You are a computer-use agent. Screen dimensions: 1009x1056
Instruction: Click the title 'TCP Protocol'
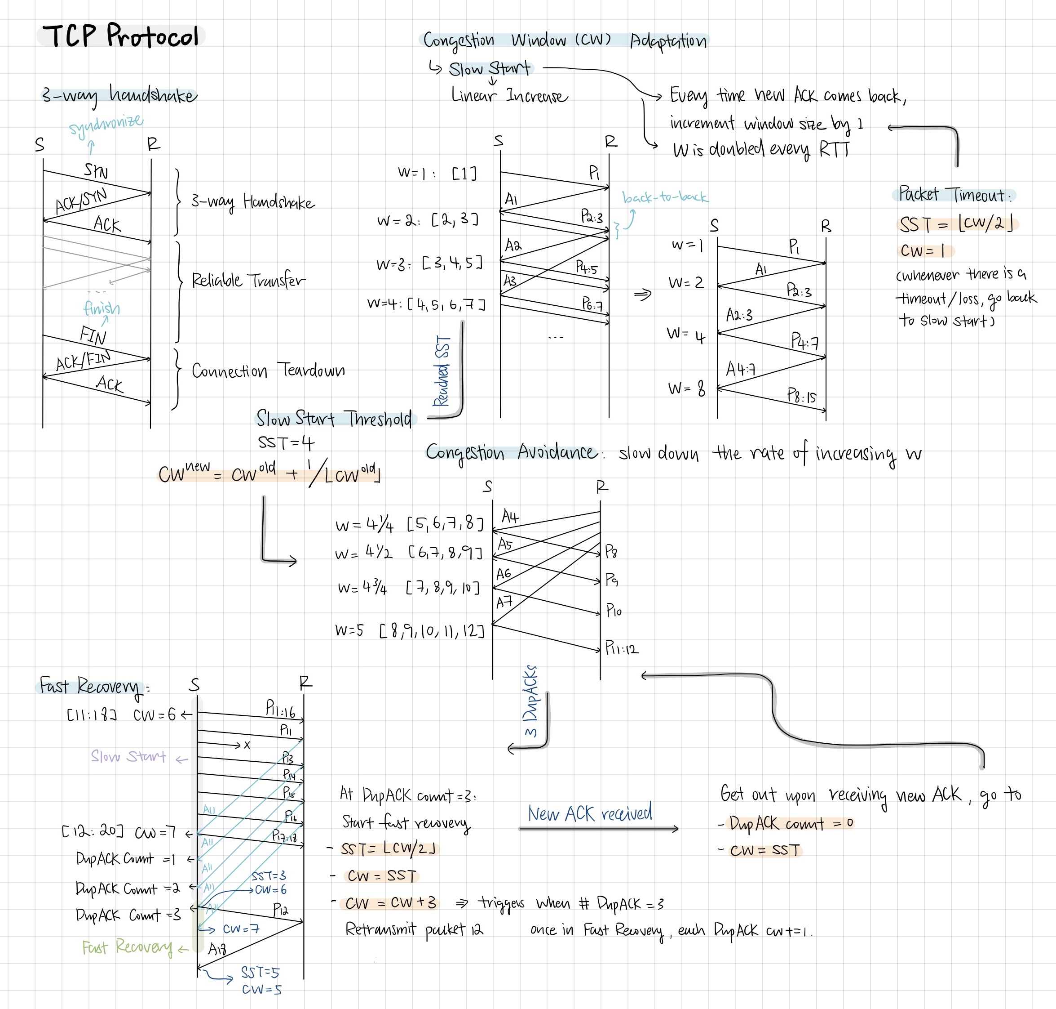tap(121, 36)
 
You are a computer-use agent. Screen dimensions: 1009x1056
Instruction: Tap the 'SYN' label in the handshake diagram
tap(96, 171)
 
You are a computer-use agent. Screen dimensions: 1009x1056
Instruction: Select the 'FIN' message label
tap(93, 335)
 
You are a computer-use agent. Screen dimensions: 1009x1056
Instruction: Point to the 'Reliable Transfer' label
tap(248, 280)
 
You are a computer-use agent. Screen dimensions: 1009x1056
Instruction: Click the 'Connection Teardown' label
tap(268, 371)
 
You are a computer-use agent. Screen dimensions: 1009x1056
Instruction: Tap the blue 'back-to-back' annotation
tap(665, 197)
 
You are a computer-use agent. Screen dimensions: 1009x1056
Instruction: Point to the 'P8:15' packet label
tap(801, 397)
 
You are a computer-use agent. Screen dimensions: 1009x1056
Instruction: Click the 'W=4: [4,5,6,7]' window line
tap(426, 304)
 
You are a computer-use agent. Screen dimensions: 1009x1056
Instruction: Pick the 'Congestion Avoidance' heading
tap(511, 452)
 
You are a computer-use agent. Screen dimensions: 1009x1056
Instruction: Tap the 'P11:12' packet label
tap(622, 648)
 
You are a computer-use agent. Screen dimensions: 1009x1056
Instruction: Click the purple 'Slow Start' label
tap(128, 756)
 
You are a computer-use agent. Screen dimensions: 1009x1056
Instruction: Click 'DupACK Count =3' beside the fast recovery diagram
tap(128, 915)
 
